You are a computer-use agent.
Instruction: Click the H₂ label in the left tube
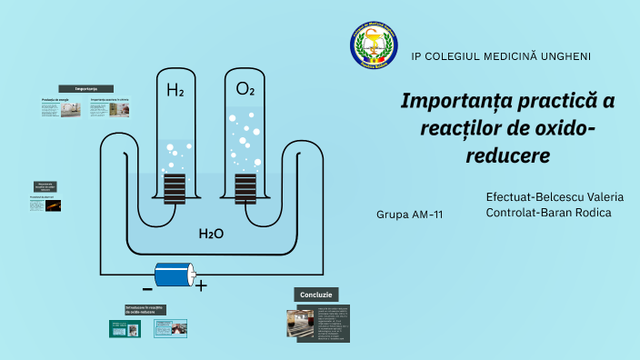tap(175, 89)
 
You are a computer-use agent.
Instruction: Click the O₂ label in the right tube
tap(245, 89)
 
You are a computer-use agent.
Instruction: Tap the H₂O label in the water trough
tap(211, 234)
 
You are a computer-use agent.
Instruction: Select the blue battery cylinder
tap(175, 274)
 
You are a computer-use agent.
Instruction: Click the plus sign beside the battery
tap(202, 286)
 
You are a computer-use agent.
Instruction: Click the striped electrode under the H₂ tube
tap(175, 188)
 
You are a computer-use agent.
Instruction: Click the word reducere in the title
tap(508, 155)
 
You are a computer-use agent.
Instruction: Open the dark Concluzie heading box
tap(316, 295)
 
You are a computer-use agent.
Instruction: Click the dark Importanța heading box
tap(86, 88)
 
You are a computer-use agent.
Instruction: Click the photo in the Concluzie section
tap(300, 322)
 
